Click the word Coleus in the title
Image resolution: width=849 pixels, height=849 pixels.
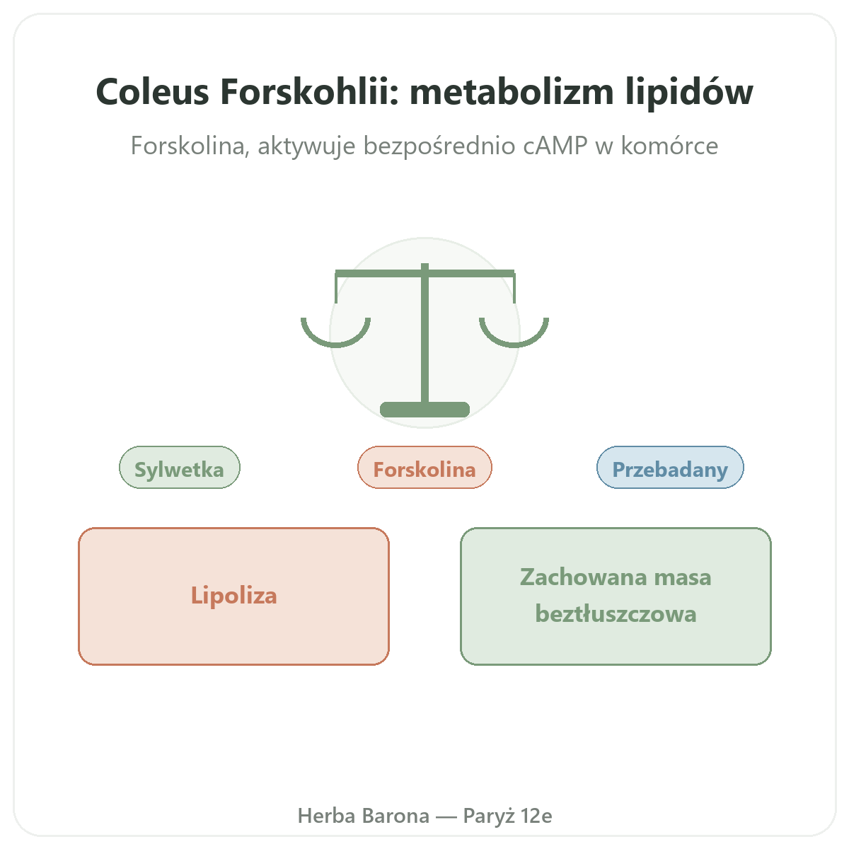click(x=152, y=92)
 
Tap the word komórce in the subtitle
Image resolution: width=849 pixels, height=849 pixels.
click(x=669, y=145)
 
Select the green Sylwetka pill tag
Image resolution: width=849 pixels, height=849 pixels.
click(x=179, y=467)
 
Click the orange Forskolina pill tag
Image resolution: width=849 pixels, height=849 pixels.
click(x=424, y=467)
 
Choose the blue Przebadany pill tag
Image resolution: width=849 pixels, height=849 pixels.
click(x=670, y=467)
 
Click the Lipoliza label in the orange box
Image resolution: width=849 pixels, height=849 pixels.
click(x=233, y=596)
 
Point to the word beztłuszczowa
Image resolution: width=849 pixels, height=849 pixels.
click(x=616, y=613)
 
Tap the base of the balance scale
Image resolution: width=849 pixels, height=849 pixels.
click(x=424, y=410)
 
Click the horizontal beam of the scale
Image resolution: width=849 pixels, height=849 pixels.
click(x=424, y=274)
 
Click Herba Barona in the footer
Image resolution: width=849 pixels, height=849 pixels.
click(x=364, y=816)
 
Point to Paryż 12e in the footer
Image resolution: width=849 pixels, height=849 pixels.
click(x=507, y=816)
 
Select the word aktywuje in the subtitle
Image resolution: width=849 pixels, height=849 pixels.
click(x=306, y=146)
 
